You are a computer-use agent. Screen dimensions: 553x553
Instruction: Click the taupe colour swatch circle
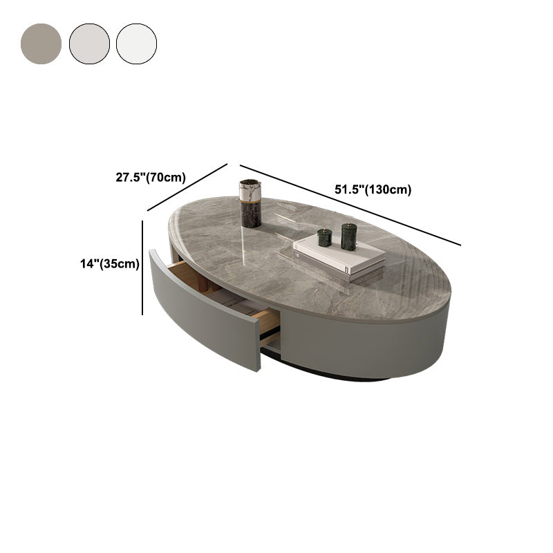click(x=41, y=44)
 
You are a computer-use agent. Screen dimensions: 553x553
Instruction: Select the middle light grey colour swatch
click(x=89, y=44)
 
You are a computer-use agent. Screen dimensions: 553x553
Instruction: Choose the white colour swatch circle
click(x=136, y=44)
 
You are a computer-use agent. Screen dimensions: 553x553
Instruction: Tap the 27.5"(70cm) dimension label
click(x=151, y=177)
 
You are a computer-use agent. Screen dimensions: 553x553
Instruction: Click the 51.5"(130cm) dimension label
click(x=373, y=189)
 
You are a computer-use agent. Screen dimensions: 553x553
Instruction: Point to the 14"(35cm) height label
click(x=110, y=263)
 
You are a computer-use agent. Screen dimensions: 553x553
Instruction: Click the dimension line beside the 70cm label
click(x=187, y=187)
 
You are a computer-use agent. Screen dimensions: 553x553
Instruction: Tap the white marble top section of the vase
click(x=250, y=188)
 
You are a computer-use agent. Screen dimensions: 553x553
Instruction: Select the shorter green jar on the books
click(x=324, y=238)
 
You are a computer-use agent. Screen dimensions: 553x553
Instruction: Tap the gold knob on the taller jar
click(x=348, y=225)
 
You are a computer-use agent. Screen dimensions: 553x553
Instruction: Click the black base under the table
click(x=325, y=375)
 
